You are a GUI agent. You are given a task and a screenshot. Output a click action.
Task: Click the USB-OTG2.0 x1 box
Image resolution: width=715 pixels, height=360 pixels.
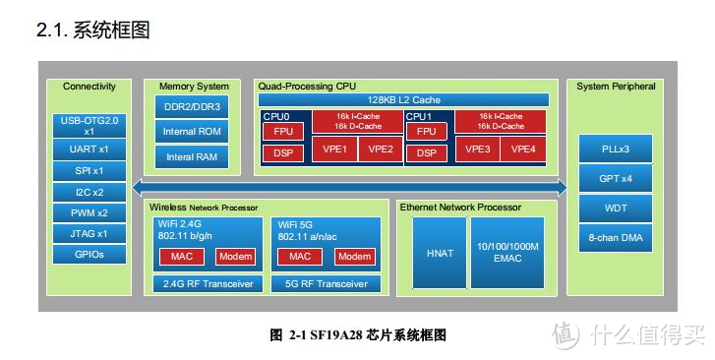(89, 126)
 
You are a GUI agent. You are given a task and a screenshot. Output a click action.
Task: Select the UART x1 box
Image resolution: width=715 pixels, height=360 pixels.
(89, 150)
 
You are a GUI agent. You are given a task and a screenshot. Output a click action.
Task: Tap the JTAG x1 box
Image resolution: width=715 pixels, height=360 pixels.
(89, 234)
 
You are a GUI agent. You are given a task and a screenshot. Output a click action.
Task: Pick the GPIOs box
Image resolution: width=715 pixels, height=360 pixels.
(89, 255)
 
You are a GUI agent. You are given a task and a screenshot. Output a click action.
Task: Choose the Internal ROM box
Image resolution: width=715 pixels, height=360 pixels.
(193, 132)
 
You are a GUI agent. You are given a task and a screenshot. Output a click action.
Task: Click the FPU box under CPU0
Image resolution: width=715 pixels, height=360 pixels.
(283, 131)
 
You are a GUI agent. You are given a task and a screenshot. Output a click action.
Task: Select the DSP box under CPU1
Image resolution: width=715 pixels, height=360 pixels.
(427, 152)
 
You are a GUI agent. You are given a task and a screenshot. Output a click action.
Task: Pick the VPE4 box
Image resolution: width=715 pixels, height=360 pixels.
(524, 150)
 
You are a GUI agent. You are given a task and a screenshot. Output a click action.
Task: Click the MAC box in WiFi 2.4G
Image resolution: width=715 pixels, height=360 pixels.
(181, 257)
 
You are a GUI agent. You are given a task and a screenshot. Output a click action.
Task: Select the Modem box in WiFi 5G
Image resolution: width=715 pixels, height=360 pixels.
(355, 257)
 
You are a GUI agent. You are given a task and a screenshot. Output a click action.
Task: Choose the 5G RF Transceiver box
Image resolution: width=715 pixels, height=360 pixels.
(326, 284)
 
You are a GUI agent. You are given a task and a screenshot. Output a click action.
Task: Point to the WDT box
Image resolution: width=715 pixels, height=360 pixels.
(615, 209)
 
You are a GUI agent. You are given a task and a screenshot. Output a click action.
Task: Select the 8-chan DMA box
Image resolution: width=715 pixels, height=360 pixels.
(615, 237)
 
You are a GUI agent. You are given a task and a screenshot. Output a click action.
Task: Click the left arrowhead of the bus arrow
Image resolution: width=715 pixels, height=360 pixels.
(139, 187)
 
